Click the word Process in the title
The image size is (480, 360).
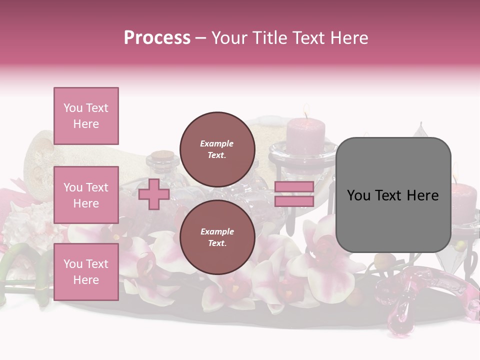point(157,37)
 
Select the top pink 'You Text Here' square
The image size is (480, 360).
point(86,116)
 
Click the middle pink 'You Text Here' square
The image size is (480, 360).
point(86,195)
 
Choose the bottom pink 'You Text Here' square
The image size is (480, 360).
point(86,271)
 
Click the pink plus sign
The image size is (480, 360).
point(154,194)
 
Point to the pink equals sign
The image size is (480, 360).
point(294,194)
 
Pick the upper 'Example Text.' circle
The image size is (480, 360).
point(217,149)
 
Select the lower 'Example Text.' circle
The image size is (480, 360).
point(217,237)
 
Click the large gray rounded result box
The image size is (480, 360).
point(393,195)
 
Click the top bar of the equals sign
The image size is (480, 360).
point(294,187)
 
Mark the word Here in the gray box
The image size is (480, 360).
point(422,195)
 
